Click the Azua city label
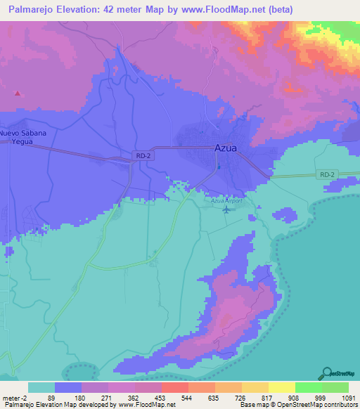(x=225, y=148)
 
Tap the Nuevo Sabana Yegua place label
(x=23, y=137)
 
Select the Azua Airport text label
(x=226, y=201)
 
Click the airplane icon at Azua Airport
(x=226, y=209)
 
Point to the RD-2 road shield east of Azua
(x=328, y=174)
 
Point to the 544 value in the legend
(x=188, y=398)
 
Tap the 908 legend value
(x=294, y=398)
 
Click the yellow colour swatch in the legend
(x=281, y=387)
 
